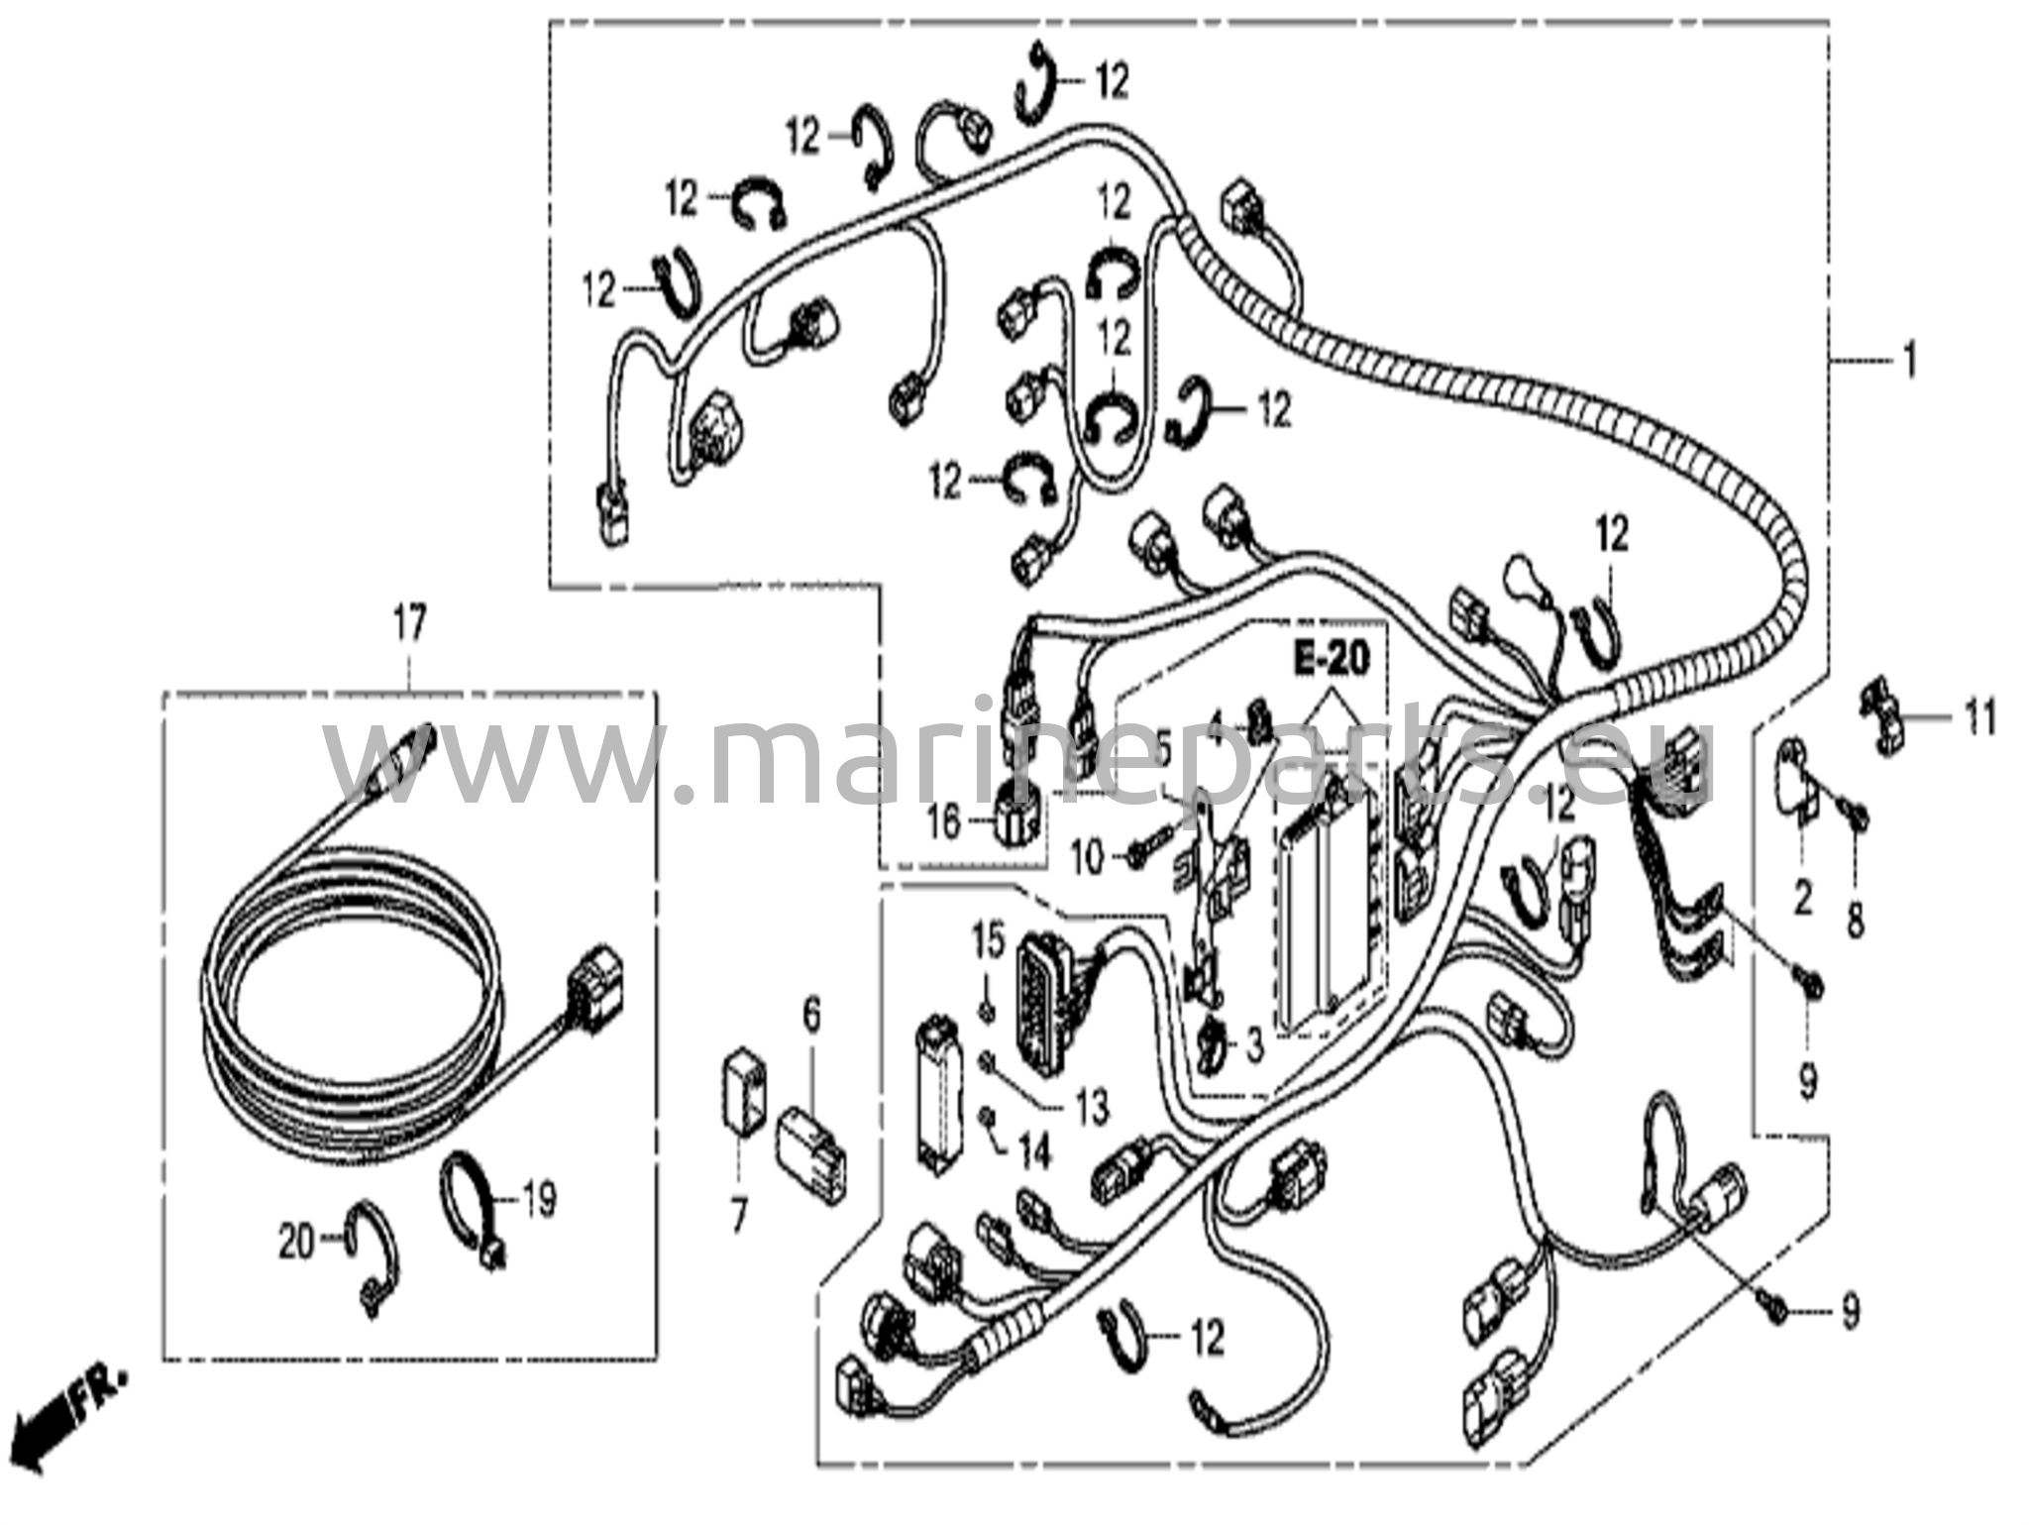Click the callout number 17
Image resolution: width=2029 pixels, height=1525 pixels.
[409, 626]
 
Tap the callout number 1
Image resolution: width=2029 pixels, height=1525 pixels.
[1908, 363]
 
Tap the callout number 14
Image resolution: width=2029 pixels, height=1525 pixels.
[1031, 1155]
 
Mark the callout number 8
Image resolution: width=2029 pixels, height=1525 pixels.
[1855, 922]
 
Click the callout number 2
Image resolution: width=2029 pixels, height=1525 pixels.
[1803, 897]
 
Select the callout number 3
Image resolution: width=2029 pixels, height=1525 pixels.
[1255, 1045]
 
